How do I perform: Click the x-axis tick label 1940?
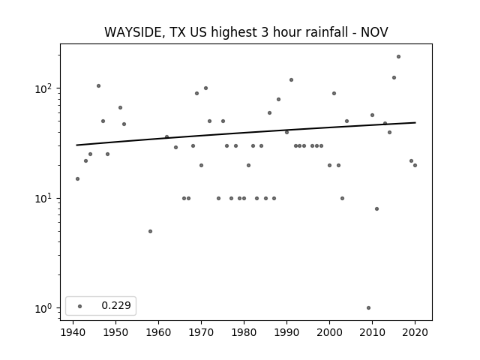click(73, 333)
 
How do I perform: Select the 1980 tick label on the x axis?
click(244, 333)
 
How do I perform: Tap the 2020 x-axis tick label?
click(415, 333)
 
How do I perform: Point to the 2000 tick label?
click(329, 333)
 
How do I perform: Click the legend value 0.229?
click(116, 305)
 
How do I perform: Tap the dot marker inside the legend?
click(80, 306)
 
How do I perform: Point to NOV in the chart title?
click(374, 32)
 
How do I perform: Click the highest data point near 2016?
click(398, 57)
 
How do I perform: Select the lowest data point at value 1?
click(368, 308)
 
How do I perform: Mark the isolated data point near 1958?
click(150, 232)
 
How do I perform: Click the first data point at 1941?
click(77, 178)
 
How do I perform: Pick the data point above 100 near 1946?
click(98, 86)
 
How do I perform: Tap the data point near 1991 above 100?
click(292, 80)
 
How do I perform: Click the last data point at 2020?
click(415, 165)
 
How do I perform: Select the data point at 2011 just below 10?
click(376, 208)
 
